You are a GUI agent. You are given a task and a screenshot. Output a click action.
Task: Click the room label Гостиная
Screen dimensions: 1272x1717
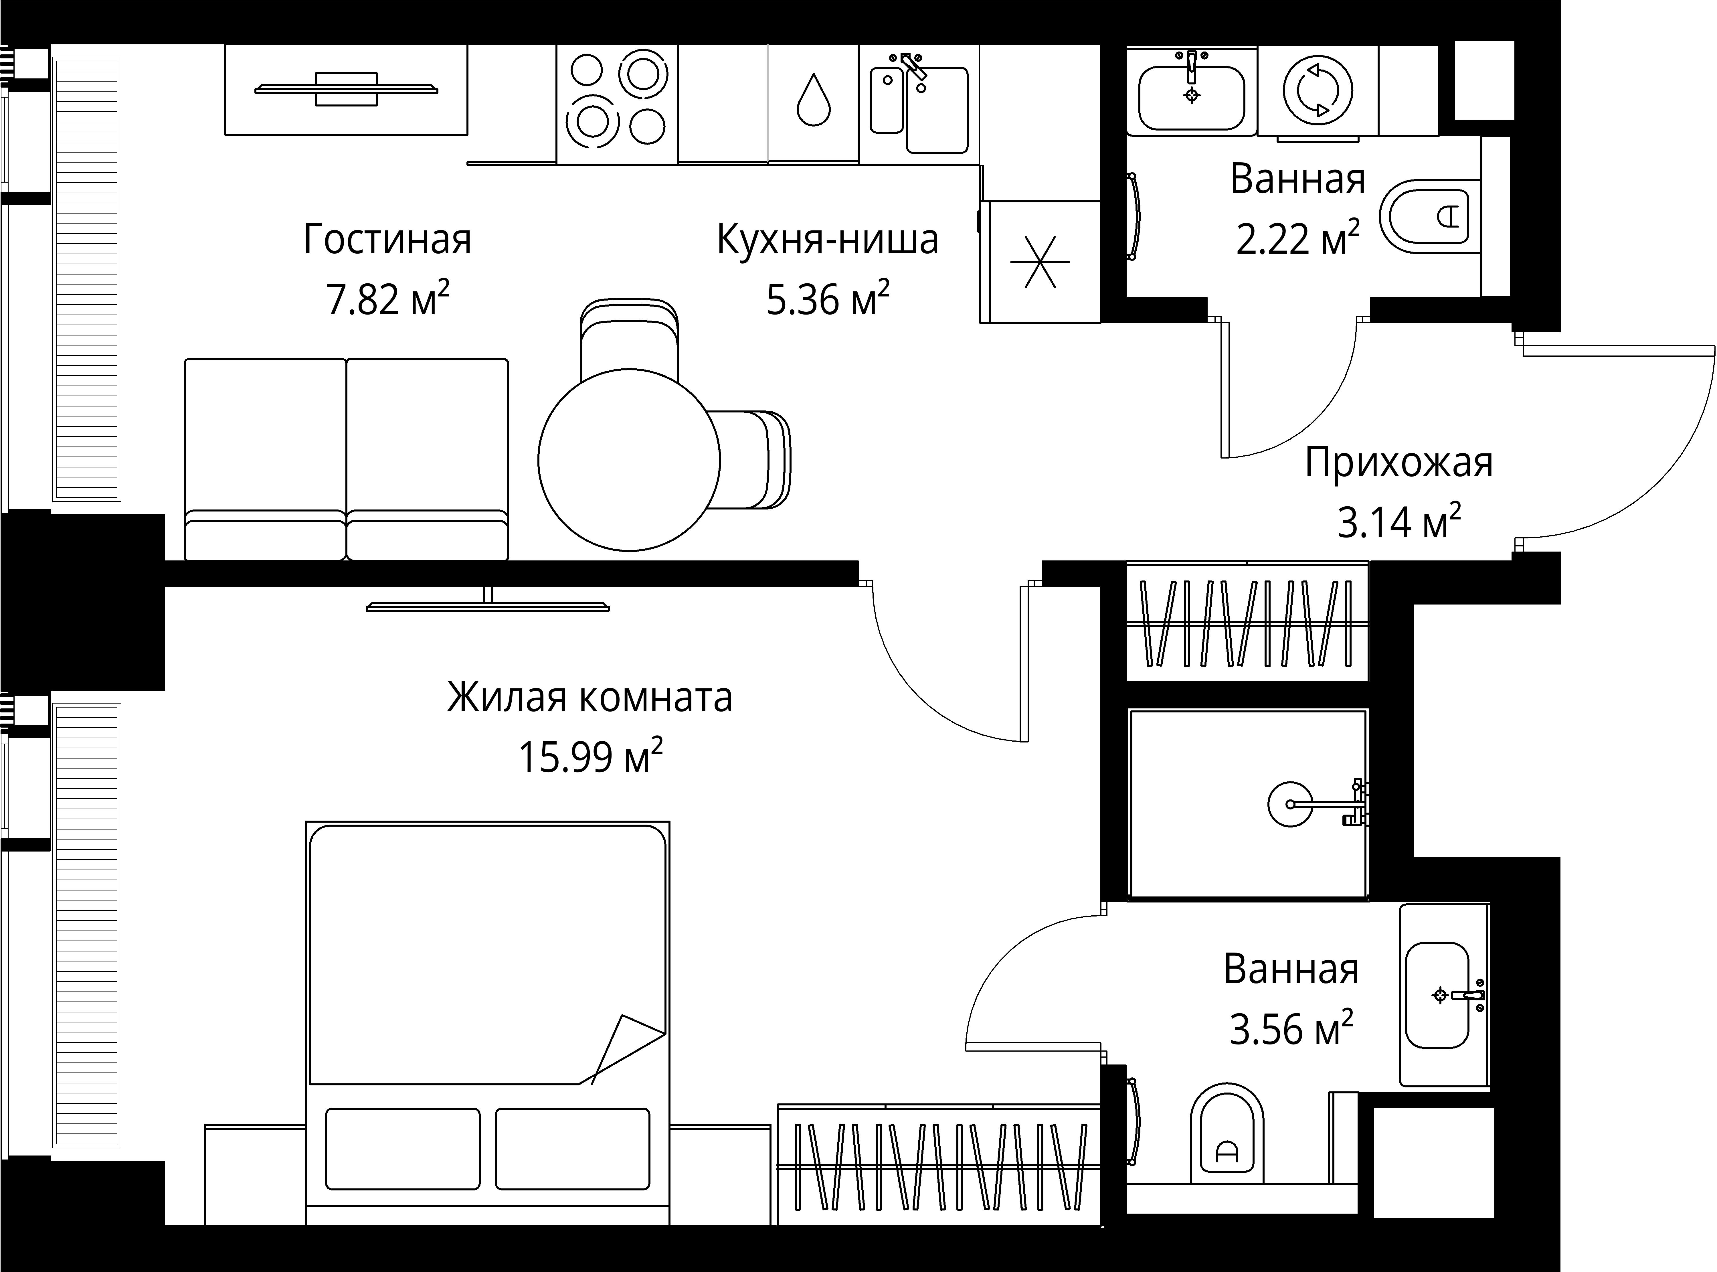[387, 240]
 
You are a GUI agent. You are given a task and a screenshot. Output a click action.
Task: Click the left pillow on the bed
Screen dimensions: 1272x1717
[403, 1149]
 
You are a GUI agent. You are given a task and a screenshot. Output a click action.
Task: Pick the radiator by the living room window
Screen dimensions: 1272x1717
[87, 278]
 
